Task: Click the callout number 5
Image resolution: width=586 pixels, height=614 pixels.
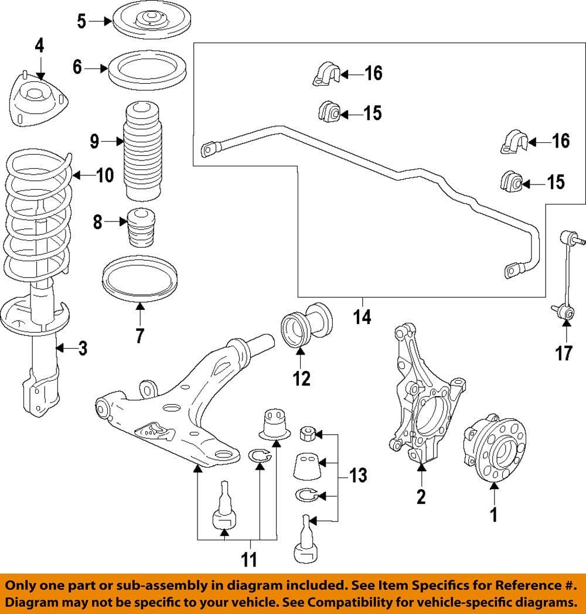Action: coord(81,22)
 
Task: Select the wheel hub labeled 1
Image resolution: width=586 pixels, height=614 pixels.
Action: coord(494,450)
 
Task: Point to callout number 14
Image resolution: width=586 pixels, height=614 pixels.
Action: coord(363,317)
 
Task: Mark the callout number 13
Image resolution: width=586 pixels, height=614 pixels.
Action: coord(359,475)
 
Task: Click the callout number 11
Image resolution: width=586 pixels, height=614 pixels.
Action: coord(250,560)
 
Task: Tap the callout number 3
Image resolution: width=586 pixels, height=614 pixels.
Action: coord(83,349)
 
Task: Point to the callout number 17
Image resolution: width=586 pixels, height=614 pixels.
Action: coord(563,354)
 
